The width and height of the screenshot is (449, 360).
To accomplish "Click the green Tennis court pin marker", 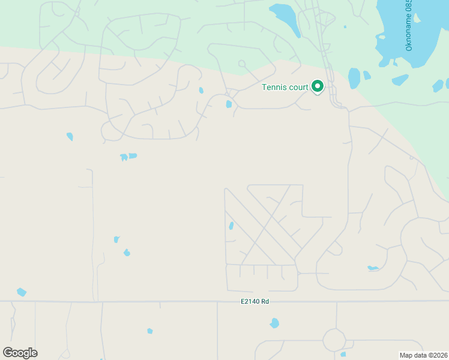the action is point(318,87).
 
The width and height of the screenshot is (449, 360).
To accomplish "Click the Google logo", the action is point(20,353).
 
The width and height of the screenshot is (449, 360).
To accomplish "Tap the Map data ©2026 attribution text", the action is point(424,355).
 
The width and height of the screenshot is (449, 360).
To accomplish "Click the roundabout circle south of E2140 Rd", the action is point(334,340).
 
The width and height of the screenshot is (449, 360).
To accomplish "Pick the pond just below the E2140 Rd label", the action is point(274,323).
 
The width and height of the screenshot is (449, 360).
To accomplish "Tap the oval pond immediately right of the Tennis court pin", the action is point(354,78).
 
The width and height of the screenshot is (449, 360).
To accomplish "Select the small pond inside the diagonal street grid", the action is point(231,226).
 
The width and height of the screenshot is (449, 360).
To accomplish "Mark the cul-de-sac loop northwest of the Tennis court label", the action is point(241,63).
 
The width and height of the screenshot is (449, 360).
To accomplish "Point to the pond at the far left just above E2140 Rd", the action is point(22,292).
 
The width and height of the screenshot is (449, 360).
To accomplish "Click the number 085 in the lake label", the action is point(409,8).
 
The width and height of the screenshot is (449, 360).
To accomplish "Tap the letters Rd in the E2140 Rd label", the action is point(265,301).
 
